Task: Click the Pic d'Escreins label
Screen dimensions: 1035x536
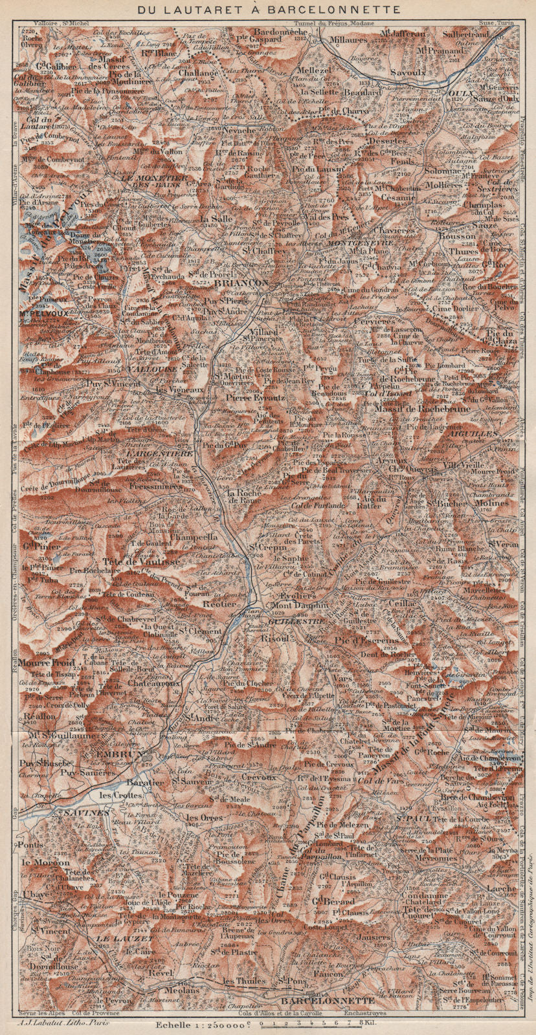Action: (367, 641)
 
